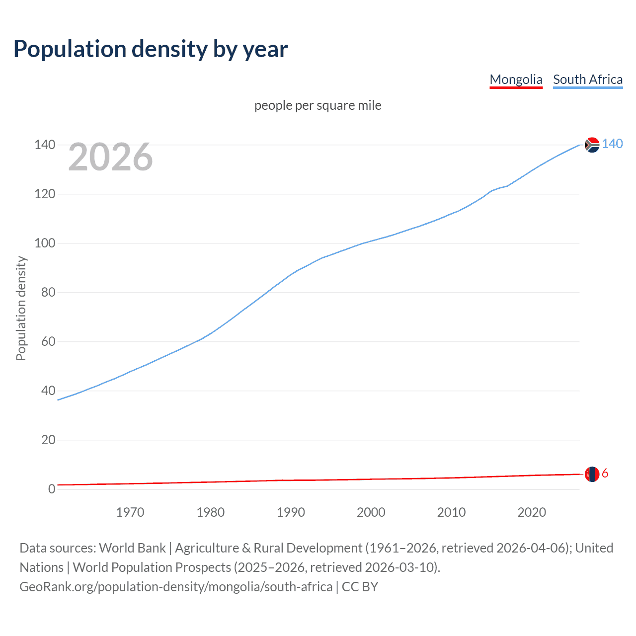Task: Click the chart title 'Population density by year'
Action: click(x=151, y=49)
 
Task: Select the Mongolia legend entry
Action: click(x=516, y=79)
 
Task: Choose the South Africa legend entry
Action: click(x=588, y=79)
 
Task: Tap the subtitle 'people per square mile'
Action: click(x=318, y=105)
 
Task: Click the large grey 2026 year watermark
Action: click(x=110, y=157)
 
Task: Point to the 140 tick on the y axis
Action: click(x=44, y=145)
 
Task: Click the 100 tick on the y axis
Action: click(x=44, y=243)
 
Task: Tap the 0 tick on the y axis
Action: click(x=52, y=489)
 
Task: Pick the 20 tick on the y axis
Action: click(x=48, y=440)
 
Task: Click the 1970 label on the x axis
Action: click(x=130, y=512)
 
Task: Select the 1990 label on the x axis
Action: click(x=291, y=512)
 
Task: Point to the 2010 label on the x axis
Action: click(x=451, y=512)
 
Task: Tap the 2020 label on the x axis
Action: click(x=532, y=512)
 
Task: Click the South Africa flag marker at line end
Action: click(x=592, y=145)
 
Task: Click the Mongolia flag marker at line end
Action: click(x=592, y=474)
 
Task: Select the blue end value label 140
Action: click(x=612, y=144)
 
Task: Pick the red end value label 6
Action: click(x=605, y=474)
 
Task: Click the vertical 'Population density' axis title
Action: click(x=21, y=308)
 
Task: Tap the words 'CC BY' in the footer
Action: click(x=360, y=587)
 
